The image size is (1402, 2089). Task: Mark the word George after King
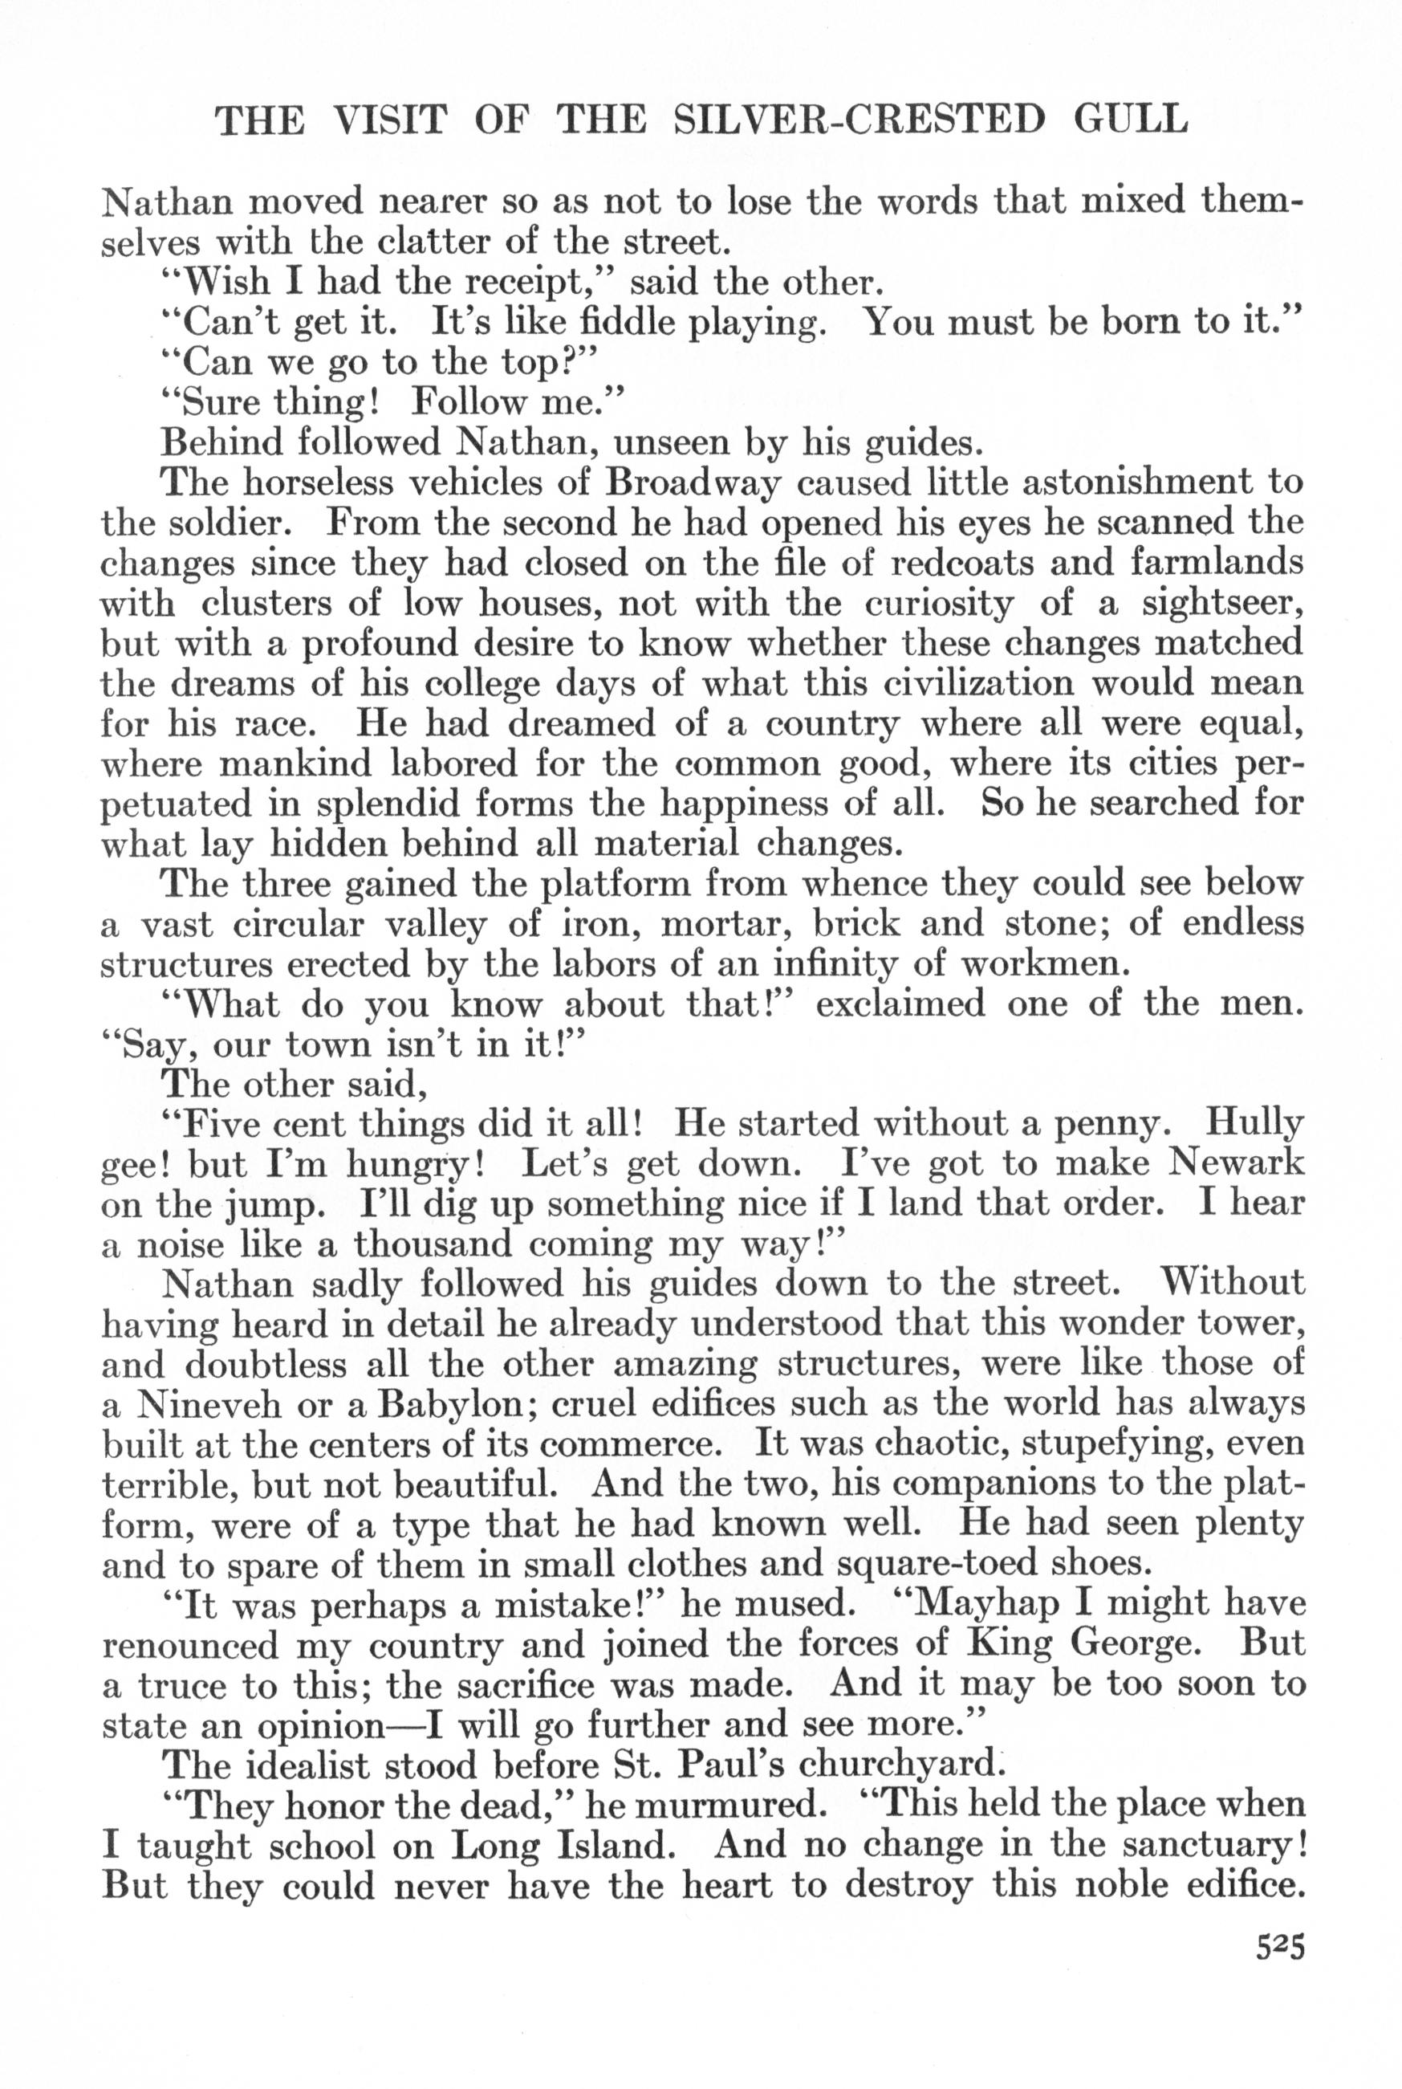[1136, 1643]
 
